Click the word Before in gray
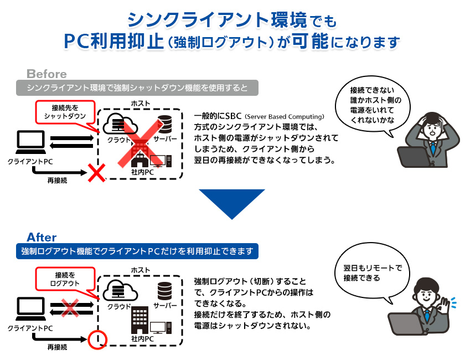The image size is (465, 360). tap(46, 74)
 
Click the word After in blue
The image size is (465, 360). tap(42, 237)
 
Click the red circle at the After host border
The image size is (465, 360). tap(97, 336)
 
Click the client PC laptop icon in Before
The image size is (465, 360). tap(30, 143)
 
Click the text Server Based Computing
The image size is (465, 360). tap(285, 117)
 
